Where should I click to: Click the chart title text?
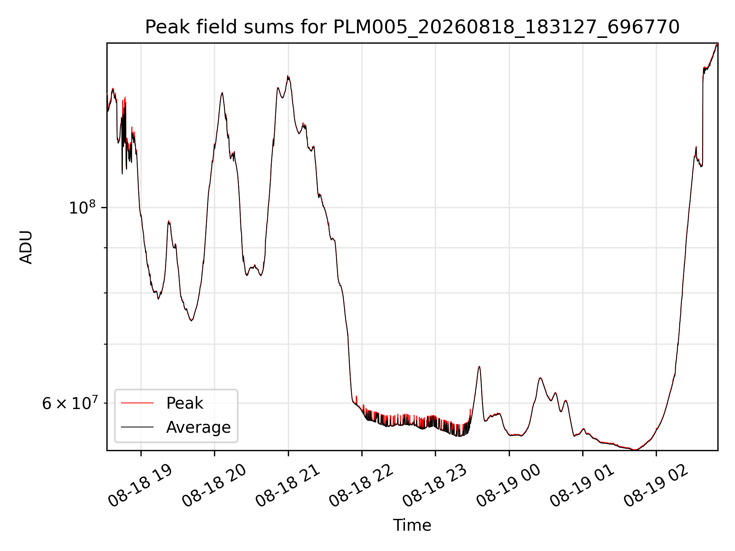point(412,28)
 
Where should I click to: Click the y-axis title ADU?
point(26,247)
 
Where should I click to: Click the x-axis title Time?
point(412,525)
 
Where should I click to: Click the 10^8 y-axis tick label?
point(82,207)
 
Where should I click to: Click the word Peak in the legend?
point(185,403)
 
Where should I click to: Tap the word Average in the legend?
point(198,427)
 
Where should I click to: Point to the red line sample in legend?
point(137,403)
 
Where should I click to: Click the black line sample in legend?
point(137,427)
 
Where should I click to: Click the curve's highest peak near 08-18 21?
point(288,76)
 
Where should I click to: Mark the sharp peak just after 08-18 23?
point(479,367)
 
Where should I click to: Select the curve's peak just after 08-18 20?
point(222,93)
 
